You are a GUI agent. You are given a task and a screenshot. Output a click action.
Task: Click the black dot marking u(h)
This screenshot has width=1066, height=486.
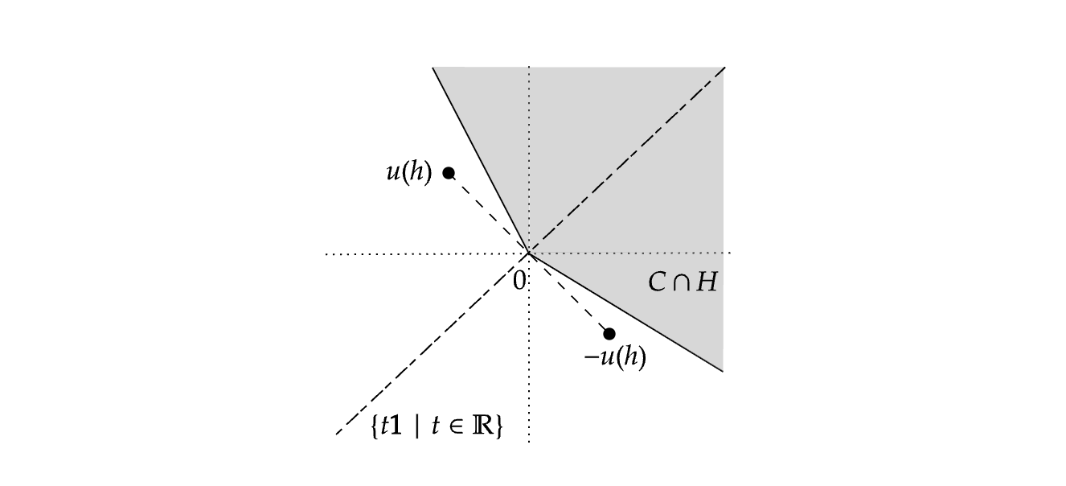click(449, 173)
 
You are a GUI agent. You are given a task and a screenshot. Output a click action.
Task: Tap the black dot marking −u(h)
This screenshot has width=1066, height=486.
click(609, 334)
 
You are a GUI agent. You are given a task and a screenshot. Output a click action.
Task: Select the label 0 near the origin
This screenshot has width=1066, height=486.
click(519, 279)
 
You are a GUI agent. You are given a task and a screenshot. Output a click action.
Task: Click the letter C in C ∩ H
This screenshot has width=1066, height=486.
click(655, 282)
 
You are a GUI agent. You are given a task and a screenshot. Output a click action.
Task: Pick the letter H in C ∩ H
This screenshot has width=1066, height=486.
click(706, 282)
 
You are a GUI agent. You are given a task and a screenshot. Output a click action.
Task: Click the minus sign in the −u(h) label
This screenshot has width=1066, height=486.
click(588, 359)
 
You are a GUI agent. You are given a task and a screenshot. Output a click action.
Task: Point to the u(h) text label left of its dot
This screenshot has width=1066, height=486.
click(408, 173)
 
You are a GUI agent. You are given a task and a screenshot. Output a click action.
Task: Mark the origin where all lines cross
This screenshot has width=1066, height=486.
click(529, 253)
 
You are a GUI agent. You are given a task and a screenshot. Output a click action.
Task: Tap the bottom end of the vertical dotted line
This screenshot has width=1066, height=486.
click(529, 441)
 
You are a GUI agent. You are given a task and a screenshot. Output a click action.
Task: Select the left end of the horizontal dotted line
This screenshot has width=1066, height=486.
click(326, 254)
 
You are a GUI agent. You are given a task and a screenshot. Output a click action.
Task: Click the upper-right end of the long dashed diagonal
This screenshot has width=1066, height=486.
click(724, 68)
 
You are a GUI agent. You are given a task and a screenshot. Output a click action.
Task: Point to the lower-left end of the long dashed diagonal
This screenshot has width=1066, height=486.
click(337, 435)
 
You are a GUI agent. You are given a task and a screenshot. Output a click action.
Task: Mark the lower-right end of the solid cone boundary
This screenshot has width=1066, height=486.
click(723, 371)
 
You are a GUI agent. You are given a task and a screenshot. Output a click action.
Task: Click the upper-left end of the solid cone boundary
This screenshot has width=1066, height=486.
click(433, 68)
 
